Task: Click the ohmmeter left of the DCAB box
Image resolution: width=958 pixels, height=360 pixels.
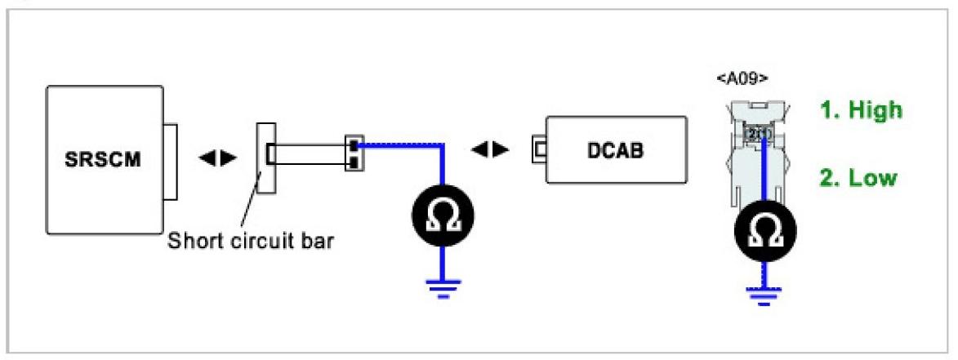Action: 442,217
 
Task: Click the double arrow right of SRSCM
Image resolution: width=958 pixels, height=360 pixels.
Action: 216,155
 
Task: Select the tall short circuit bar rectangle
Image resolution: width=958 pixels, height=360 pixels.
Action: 266,158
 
